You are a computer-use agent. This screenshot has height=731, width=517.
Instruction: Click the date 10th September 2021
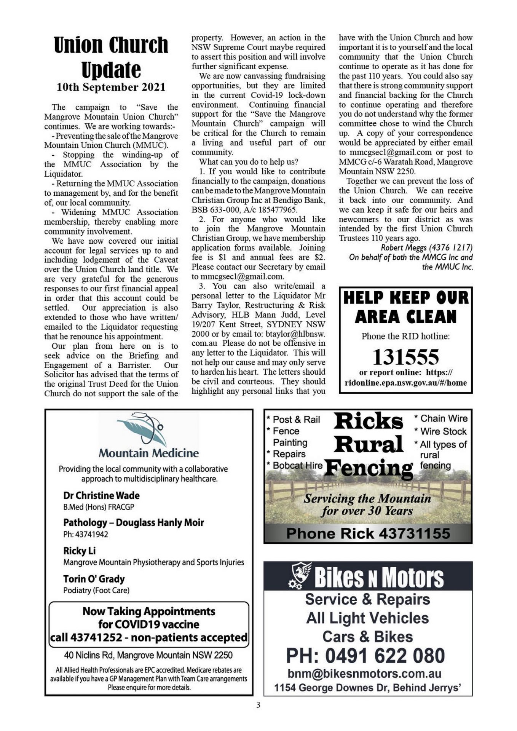tap(111, 87)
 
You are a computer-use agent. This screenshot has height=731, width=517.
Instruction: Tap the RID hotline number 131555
tap(405, 357)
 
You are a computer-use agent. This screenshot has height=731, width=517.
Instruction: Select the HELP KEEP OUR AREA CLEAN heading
tap(406, 307)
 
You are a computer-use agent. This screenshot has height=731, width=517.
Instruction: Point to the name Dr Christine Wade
tap(101, 495)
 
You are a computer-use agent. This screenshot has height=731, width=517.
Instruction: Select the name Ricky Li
tap(79, 551)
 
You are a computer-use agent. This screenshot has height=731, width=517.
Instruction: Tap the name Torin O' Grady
tap(94, 579)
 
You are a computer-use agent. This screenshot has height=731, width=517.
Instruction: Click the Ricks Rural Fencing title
tap(368, 444)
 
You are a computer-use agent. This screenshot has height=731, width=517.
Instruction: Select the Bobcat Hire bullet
tap(294, 465)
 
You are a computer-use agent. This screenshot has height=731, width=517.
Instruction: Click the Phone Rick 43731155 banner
tap(368, 533)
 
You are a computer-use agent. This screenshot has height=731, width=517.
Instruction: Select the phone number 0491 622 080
tap(365, 656)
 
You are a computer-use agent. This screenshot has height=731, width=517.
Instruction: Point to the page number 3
tap(258, 705)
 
